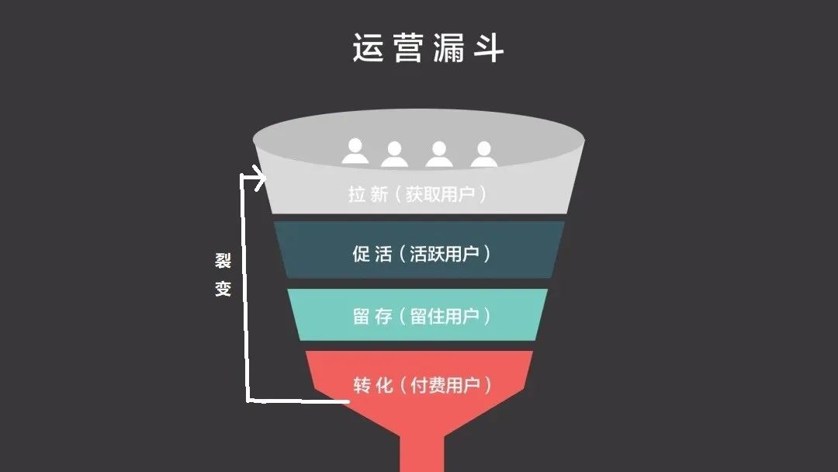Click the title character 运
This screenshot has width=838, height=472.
pyautogui.click(x=369, y=48)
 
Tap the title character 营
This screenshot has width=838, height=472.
pyautogui.click(x=408, y=48)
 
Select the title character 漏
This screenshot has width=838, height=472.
pyautogui.click(x=448, y=48)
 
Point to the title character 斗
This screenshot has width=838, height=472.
pyautogui.click(x=487, y=48)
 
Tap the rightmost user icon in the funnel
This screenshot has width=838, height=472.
pyautogui.click(x=484, y=154)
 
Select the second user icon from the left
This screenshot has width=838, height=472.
pyautogui.click(x=394, y=154)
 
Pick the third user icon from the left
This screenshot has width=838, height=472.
pyautogui.click(x=439, y=154)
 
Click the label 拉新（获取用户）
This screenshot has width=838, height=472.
pyautogui.click(x=418, y=194)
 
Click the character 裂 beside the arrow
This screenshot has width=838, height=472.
pyautogui.click(x=223, y=261)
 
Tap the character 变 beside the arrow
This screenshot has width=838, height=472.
pyautogui.click(x=223, y=290)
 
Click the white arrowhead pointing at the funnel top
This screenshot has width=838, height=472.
pyautogui.click(x=258, y=178)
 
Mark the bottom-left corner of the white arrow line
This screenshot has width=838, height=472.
pyautogui.click(x=248, y=401)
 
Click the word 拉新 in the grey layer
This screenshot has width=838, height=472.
pyautogui.click(x=369, y=194)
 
